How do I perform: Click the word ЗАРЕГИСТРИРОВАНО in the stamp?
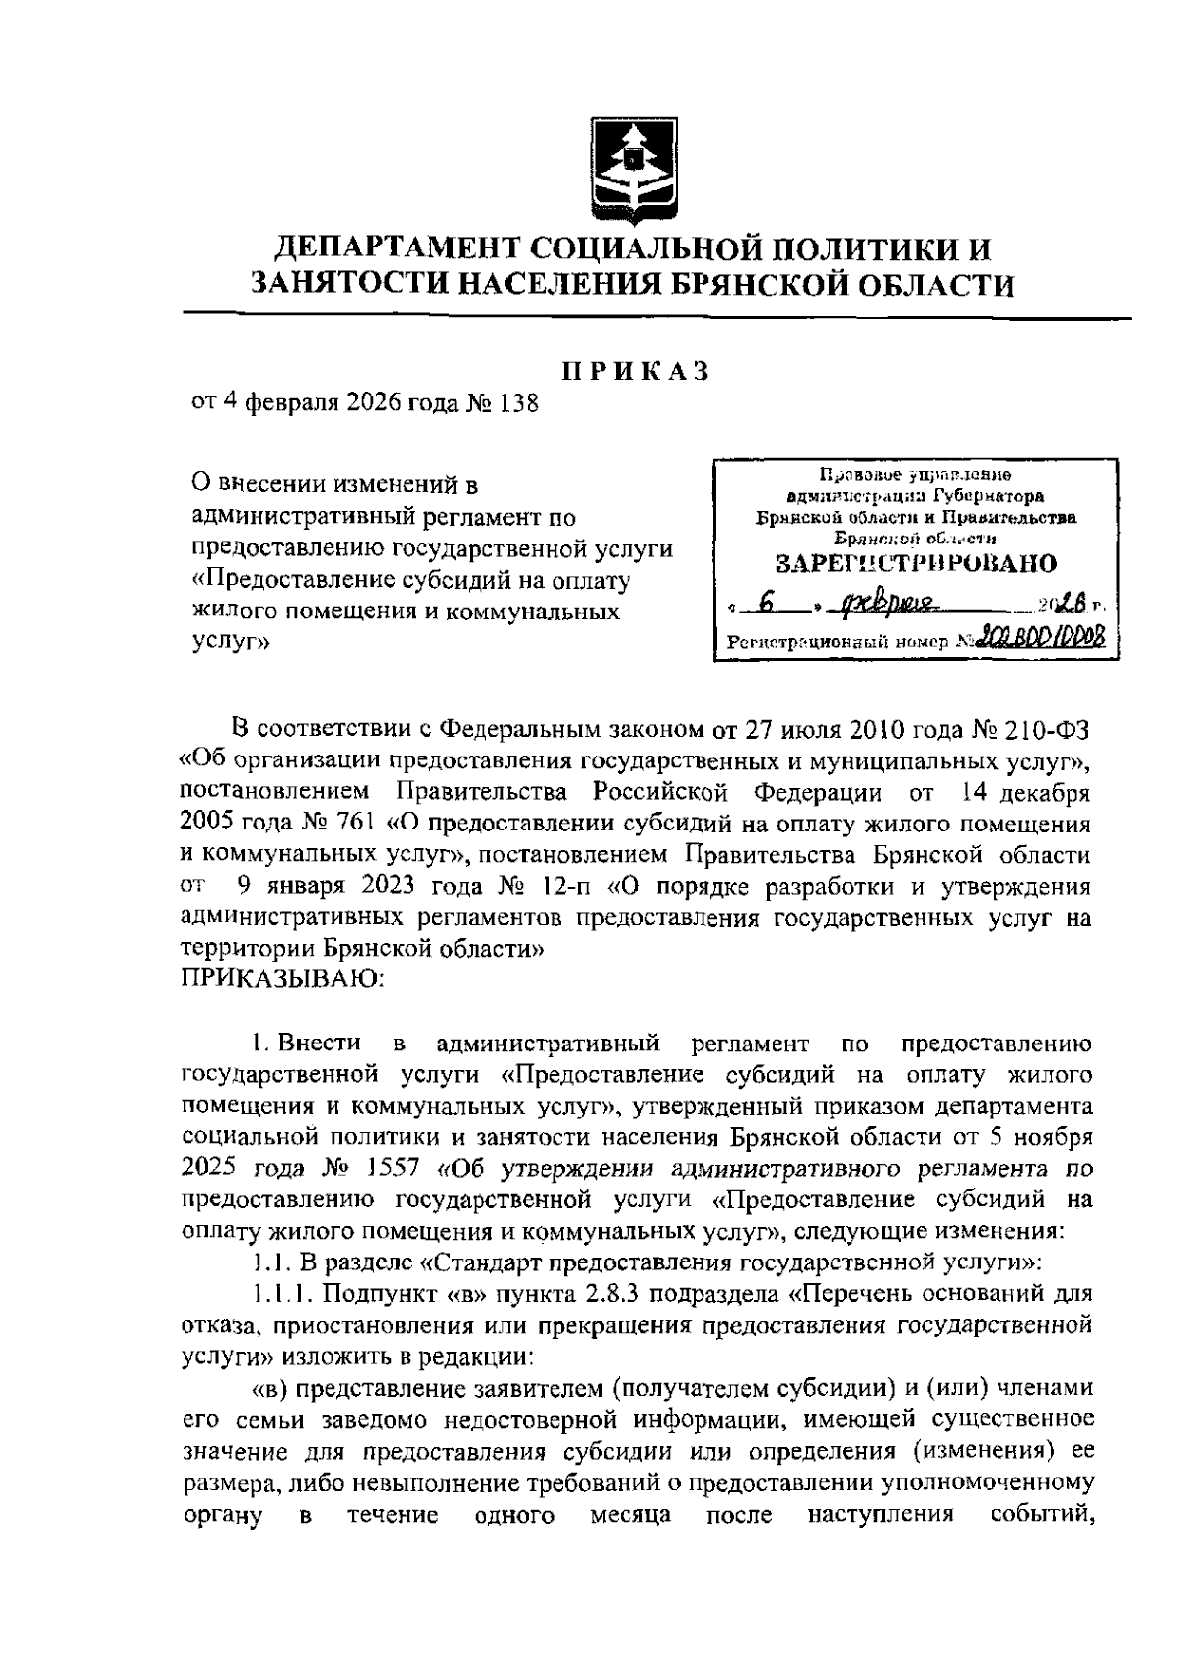pyautogui.click(x=915, y=564)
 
